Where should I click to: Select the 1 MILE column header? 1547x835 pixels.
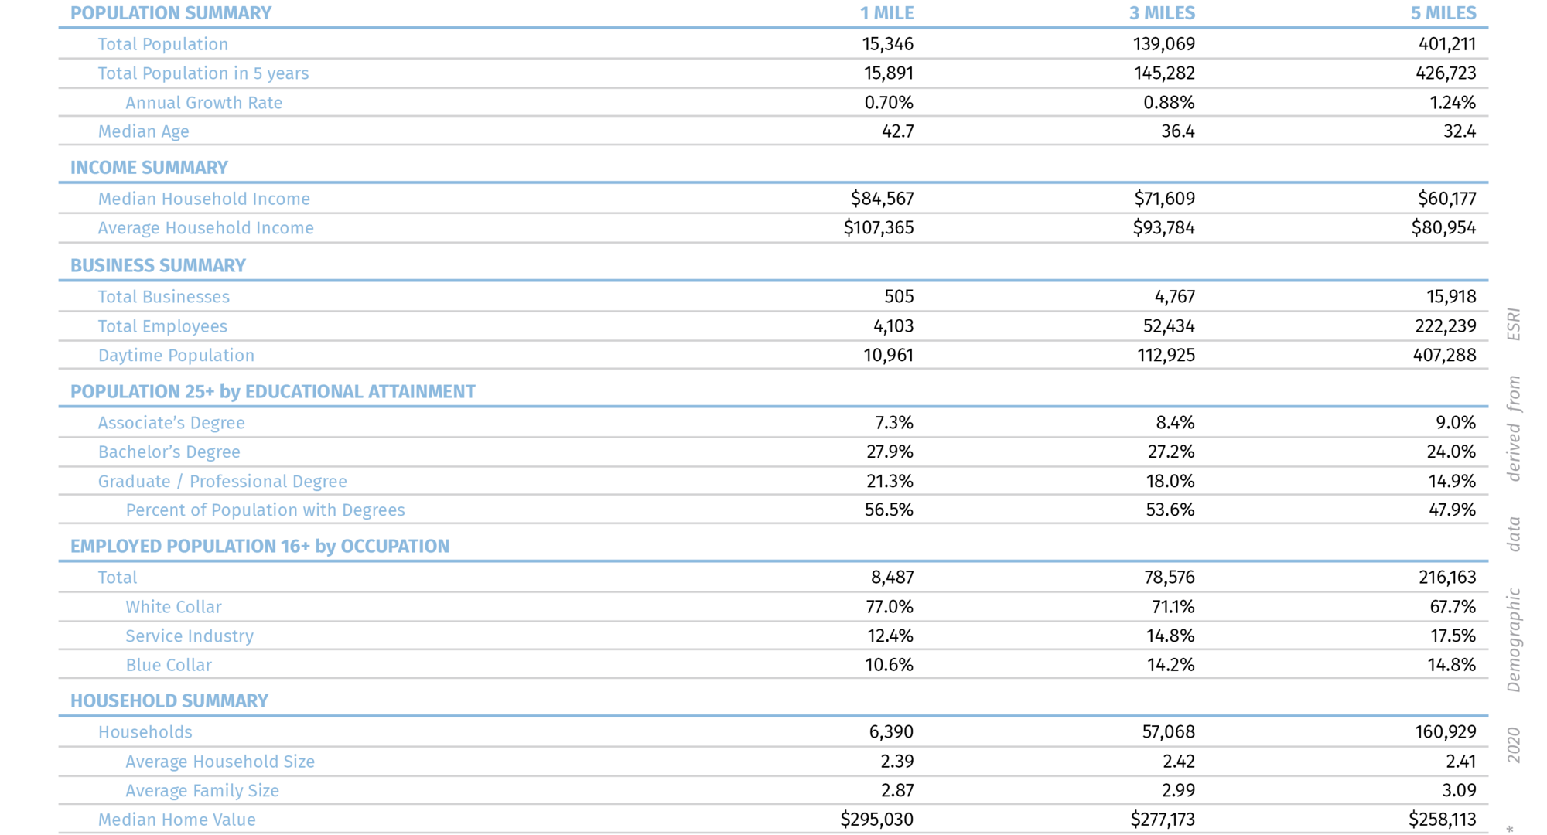[x=886, y=13]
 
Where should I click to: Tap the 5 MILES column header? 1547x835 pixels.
[x=1443, y=13]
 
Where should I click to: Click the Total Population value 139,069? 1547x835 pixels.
[x=1163, y=44]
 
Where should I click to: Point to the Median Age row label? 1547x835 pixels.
[x=143, y=131]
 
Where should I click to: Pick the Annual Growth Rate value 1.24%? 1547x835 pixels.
[x=1452, y=103]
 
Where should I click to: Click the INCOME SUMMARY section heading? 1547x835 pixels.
[x=149, y=168]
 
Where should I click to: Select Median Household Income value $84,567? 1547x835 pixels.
[x=882, y=199]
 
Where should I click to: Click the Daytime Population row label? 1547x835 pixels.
[x=176, y=356]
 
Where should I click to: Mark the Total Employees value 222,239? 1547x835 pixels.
[x=1445, y=326]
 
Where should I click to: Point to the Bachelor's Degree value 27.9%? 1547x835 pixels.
[x=890, y=452]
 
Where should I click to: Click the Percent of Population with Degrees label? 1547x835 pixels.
[x=265, y=510]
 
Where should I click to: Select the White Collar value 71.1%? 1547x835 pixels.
[x=1173, y=607]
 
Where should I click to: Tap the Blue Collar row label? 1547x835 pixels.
[x=168, y=665]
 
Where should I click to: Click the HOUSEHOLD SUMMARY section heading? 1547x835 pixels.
[x=169, y=701]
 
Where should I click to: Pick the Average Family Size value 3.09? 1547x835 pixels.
[x=1459, y=790]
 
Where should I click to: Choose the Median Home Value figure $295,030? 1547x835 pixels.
[x=876, y=820]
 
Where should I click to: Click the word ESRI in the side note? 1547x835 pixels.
[x=1513, y=324]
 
